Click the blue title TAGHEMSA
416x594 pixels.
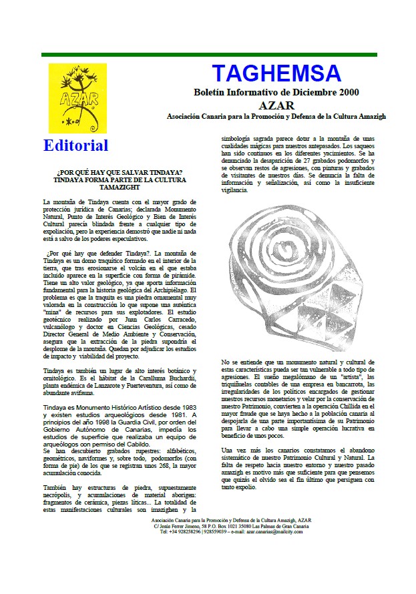276,73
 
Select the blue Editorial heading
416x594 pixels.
75,145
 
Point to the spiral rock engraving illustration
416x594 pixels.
294,275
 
